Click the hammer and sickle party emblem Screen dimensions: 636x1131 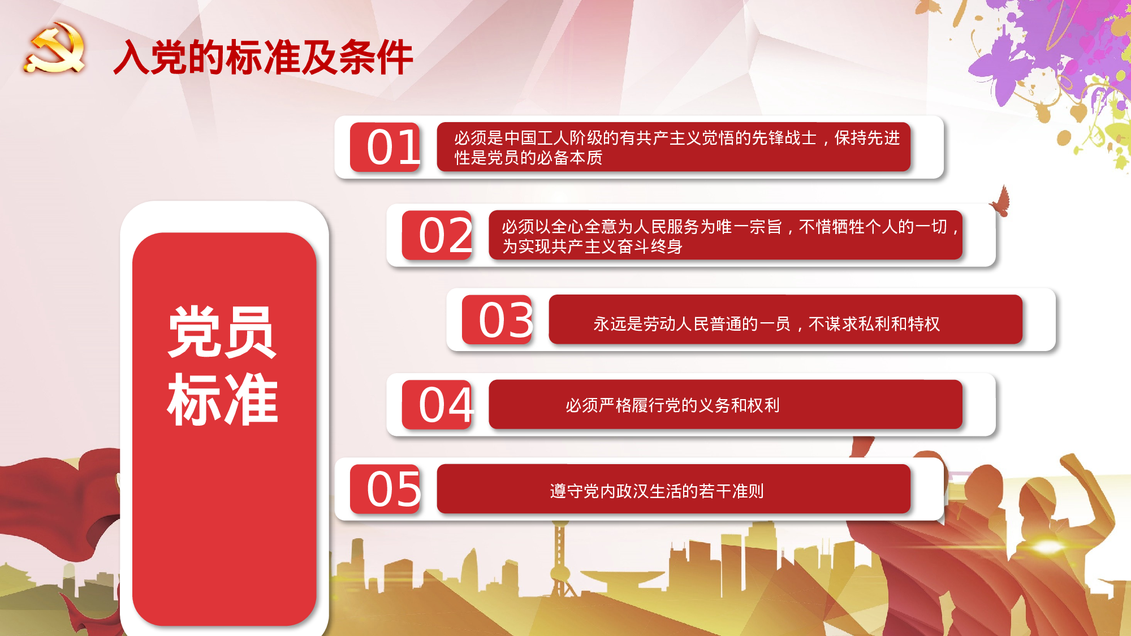coord(55,49)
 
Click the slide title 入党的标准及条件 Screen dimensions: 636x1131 coord(263,58)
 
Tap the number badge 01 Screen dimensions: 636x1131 coord(386,147)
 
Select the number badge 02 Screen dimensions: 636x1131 coord(437,235)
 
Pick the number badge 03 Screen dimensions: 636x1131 coord(497,320)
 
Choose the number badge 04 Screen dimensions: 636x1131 coord(437,405)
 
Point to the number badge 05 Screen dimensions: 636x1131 coord(386,490)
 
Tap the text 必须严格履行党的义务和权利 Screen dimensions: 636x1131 coord(672,405)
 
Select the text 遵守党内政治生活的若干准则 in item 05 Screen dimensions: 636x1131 coord(657,491)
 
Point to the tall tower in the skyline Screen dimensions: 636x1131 coord(560,560)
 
